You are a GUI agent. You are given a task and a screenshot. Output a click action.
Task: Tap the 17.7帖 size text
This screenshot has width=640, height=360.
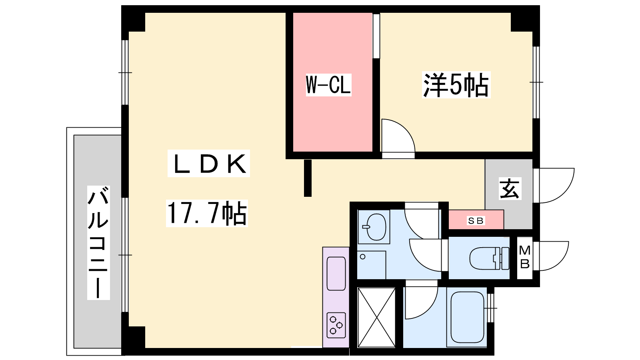(206, 213)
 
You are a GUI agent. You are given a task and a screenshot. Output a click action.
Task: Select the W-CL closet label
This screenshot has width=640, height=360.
(328, 84)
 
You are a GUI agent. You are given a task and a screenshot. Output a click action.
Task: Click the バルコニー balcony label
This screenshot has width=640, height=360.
(98, 242)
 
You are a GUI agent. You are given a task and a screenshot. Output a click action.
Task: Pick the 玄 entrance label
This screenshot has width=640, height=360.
(510, 188)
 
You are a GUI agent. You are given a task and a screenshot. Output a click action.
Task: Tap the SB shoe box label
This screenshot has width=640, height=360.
(476, 220)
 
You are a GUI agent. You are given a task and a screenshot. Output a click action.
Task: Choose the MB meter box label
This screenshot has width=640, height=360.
(525, 257)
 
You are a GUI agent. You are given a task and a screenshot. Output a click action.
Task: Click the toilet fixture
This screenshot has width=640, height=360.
(490, 258)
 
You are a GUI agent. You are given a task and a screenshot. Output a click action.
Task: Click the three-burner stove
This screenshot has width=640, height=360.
(336, 325)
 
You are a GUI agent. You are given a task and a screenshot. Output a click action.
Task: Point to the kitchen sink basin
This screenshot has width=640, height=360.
(336, 274)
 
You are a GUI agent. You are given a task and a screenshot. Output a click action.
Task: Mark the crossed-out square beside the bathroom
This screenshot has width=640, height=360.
(376, 318)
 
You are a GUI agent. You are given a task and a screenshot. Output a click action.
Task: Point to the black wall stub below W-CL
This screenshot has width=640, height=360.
(308, 178)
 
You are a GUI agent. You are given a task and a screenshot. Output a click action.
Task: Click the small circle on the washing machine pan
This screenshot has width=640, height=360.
(362, 257)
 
